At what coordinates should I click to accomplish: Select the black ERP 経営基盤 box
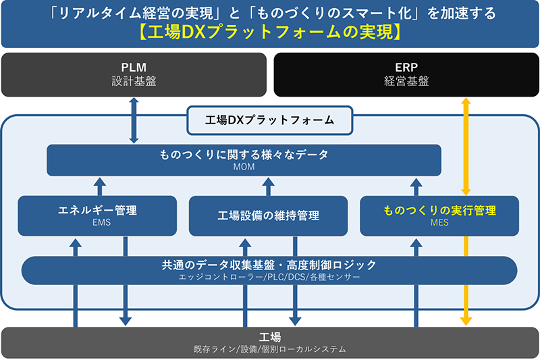405,74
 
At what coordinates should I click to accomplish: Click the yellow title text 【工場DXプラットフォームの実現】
270,32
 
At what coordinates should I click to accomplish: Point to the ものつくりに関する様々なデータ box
244,160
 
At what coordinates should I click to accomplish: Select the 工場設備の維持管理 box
268,215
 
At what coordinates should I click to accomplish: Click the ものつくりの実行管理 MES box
439,215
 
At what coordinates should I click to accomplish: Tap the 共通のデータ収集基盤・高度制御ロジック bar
269,269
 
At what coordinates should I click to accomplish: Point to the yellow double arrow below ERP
465,146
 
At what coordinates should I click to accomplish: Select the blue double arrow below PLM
134,120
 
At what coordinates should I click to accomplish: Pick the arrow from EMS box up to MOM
100,186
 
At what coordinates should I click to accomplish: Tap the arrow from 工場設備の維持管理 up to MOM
268,186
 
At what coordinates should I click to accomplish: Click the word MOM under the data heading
244,167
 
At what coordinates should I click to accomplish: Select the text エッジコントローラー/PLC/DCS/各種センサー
269,277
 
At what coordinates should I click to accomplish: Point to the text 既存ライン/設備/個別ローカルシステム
270,349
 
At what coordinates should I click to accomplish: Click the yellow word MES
439,223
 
